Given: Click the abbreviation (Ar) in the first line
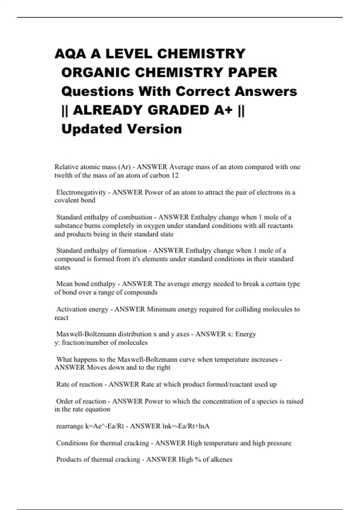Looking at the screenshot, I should pos(124,167).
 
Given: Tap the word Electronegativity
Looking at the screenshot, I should pos(81,192).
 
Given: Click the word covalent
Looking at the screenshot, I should pos(64,200).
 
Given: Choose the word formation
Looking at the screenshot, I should pos(133,250).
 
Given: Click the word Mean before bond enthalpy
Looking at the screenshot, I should pos(64,284).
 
